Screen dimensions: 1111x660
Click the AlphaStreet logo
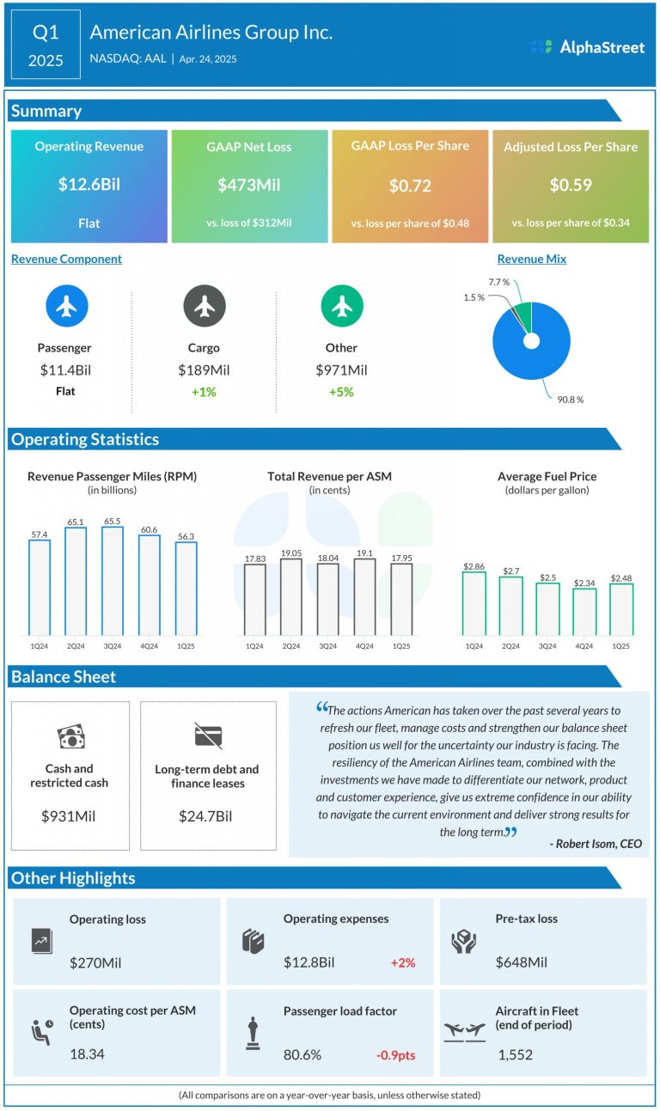click(x=587, y=47)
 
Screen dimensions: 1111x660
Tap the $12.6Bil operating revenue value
click(x=89, y=184)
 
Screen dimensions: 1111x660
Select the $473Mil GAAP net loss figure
click(x=249, y=184)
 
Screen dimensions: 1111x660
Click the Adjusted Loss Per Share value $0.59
click(x=571, y=185)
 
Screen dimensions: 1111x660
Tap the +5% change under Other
click(x=341, y=392)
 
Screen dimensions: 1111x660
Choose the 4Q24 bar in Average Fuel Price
click(x=584, y=611)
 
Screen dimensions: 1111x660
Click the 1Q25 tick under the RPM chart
click(x=186, y=645)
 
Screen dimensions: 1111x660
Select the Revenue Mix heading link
click(x=531, y=259)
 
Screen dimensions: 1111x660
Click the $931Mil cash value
click(x=70, y=815)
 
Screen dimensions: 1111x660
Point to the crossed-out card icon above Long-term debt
click(x=208, y=736)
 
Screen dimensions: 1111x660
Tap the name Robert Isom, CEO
click(x=596, y=844)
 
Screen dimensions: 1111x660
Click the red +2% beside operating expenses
click(x=402, y=962)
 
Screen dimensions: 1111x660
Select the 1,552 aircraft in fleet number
click(x=516, y=1054)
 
